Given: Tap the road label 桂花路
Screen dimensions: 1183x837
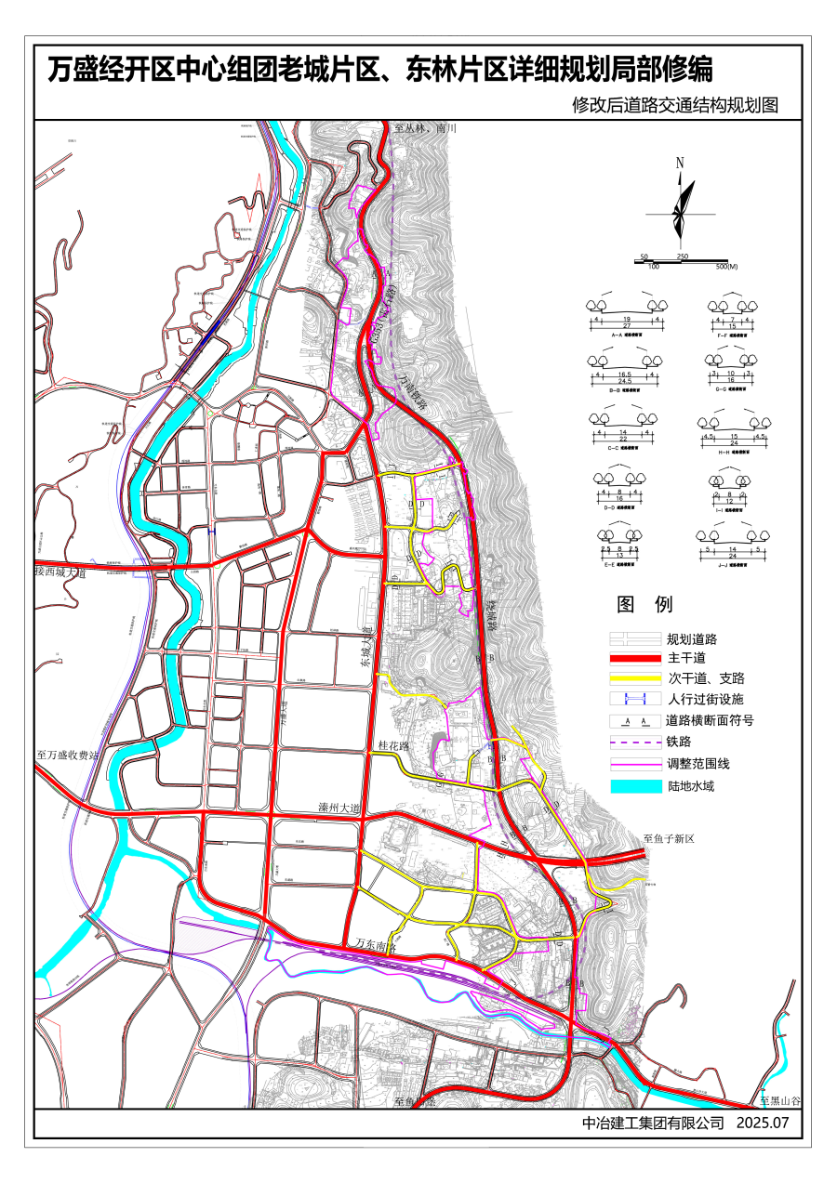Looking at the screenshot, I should (x=395, y=745).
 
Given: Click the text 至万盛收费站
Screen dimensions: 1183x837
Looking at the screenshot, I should (x=68, y=756).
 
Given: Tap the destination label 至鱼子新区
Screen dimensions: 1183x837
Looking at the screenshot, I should (x=669, y=838).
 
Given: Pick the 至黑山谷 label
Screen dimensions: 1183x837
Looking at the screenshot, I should (x=779, y=1100).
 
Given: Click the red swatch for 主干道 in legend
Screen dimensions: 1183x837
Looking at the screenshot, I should (x=634, y=659).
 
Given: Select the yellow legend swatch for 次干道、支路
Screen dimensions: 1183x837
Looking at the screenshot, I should (x=634, y=678).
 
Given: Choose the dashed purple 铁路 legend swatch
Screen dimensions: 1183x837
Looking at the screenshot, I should (x=634, y=743).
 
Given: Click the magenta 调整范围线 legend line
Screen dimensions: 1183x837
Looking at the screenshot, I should (x=634, y=765).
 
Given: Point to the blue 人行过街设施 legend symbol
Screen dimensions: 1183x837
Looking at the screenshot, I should (x=634, y=699).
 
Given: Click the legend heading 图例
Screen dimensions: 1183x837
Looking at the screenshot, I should (x=644, y=605).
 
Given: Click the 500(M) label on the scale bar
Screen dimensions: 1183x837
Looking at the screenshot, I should (x=727, y=267).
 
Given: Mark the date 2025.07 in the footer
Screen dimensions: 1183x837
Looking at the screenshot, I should (x=762, y=1123).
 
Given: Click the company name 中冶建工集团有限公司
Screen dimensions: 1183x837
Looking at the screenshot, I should (x=652, y=1123).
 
